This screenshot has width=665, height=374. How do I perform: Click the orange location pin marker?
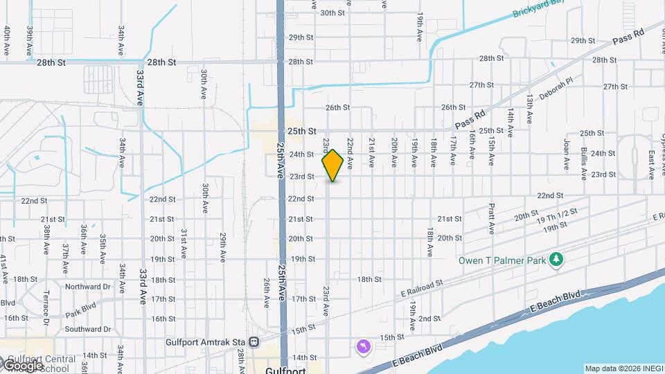coord(332,165)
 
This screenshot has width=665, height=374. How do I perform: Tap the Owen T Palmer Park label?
coord(501,260)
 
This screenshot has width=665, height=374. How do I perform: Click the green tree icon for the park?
coord(556,260)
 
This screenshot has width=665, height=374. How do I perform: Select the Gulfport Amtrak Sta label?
coord(206,341)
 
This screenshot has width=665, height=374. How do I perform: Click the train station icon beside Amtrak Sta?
coord(255,341)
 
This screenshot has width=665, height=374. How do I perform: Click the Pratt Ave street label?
coord(490,218)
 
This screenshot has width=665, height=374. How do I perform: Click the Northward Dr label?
coord(88,287)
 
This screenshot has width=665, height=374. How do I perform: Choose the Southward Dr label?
coord(88,330)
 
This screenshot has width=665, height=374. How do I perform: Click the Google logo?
coord(23,364)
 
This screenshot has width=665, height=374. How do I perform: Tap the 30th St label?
coord(332,12)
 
